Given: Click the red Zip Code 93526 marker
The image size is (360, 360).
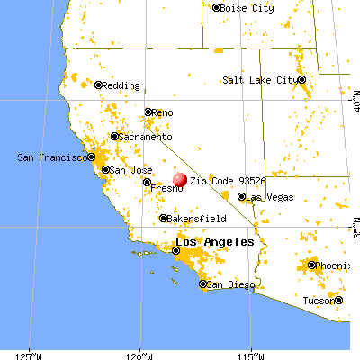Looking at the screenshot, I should (180, 180).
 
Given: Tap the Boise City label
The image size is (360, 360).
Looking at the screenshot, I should (247, 7).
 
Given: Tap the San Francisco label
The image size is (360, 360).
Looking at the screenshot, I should (51, 157).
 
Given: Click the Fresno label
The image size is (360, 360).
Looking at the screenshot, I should (167, 189).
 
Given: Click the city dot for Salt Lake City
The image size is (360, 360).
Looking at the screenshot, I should (302, 80).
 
